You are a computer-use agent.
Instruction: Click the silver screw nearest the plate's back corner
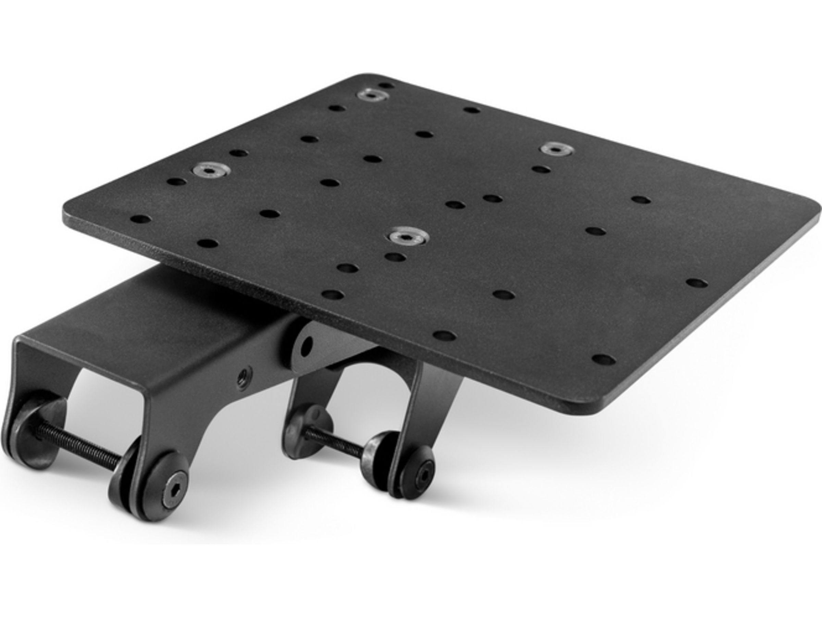tap(373, 95)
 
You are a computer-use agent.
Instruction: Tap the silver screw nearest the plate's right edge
tap(556, 149)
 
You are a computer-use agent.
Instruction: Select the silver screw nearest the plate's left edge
tap(211, 170)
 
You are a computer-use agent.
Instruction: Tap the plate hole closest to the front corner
tap(603, 360)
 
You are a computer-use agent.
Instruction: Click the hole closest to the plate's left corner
tap(140, 219)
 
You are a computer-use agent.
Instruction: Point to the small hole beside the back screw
tap(387, 86)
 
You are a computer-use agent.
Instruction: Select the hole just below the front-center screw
tap(395, 257)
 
